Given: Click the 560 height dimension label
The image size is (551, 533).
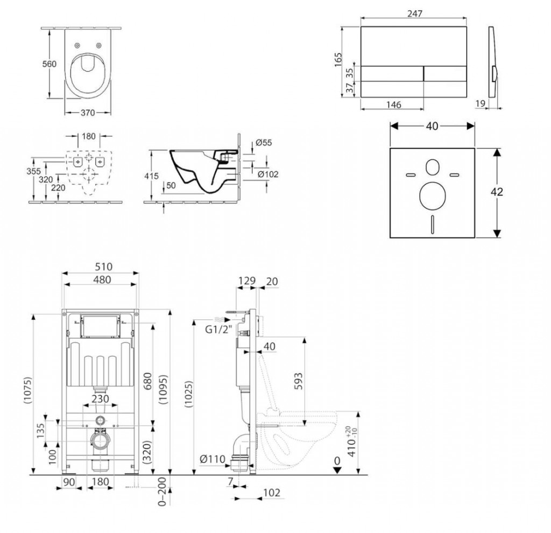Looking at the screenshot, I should pyautogui.click(x=50, y=64).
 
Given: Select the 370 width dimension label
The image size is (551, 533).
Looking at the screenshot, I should pyautogui.click(x=88, y=113).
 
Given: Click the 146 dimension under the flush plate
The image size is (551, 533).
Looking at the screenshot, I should pyautogui.click(x=393, y=105).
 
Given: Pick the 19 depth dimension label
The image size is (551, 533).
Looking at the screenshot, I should pyautogui.click(x=481, y=103).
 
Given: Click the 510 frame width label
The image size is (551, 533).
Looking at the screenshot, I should pyautogui.click(x=101, y=266).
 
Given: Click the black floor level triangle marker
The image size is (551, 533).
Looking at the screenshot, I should pyautogui.click(x=336, y=470).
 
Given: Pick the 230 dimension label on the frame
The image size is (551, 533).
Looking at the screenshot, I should pyautogui.click(x=101, y=399).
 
